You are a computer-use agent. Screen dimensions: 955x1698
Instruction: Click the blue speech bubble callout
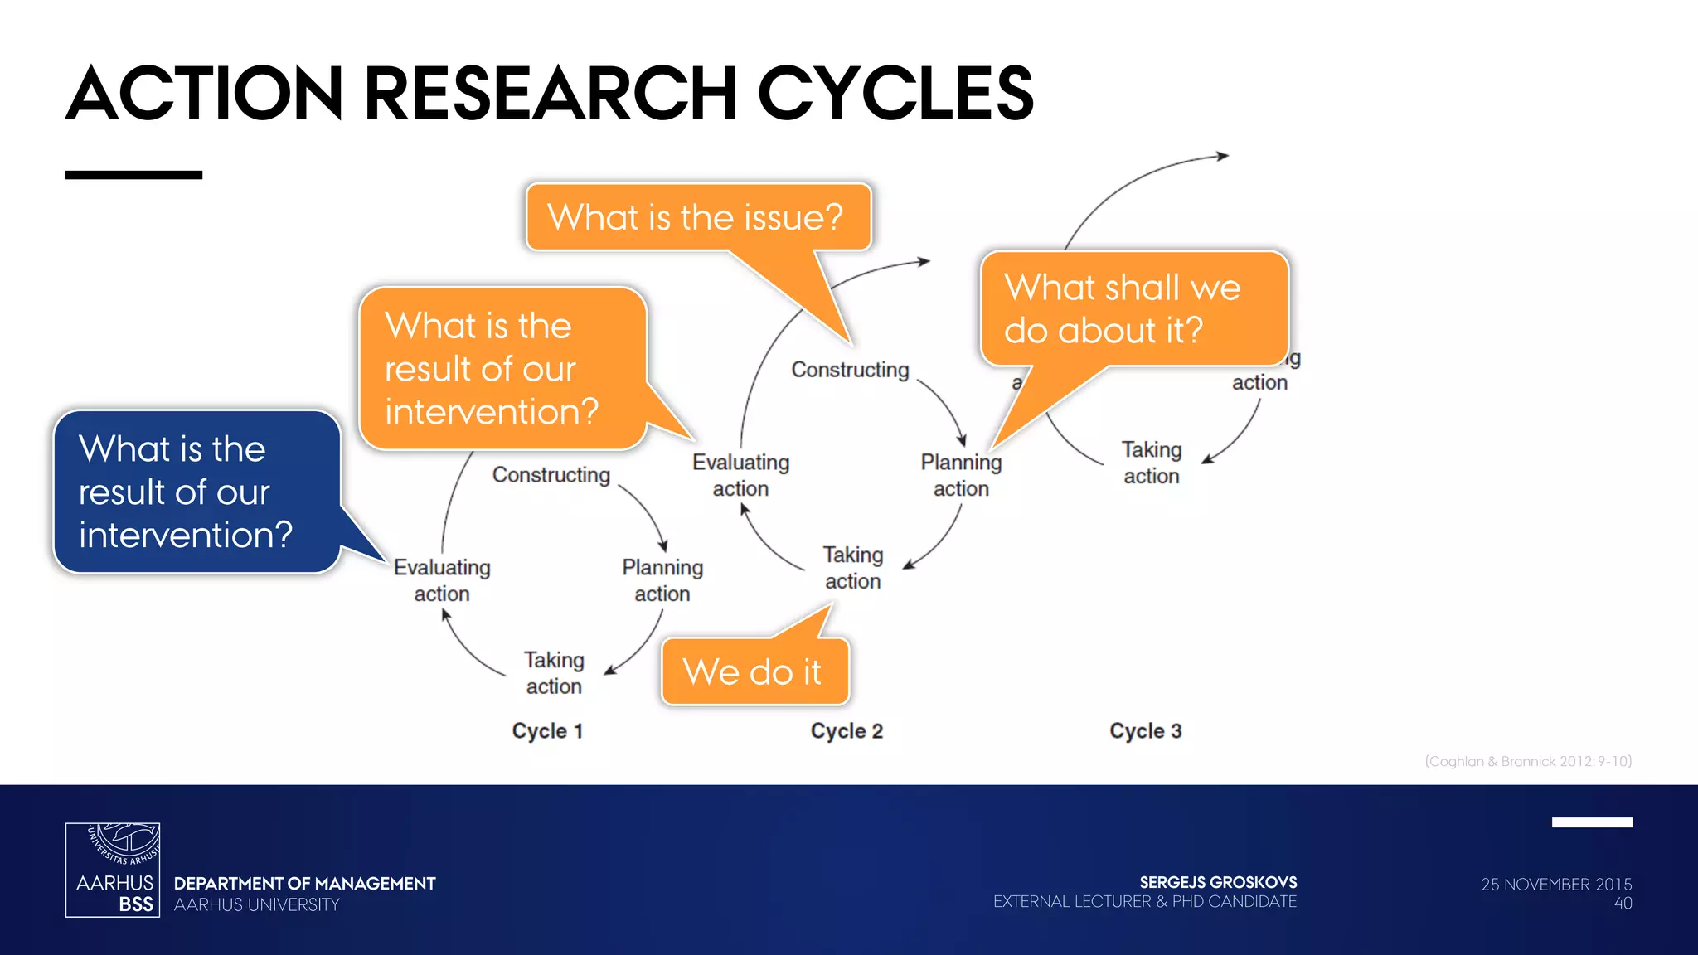tap(197, 492)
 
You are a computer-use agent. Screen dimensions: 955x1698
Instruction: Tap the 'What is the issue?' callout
tap(698, 217)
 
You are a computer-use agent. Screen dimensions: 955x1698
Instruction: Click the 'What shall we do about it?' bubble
tap(1133, 308)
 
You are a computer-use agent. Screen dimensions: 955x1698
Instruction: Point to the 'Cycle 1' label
tap(547, 731)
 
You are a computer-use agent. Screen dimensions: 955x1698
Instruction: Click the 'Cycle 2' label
tap(847, 731)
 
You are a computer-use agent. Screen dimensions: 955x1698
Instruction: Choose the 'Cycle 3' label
tap(1146, 731)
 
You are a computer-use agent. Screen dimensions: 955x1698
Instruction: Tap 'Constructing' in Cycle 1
tap(551, 475)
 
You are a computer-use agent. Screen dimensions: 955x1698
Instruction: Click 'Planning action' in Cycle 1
tap(662, 580)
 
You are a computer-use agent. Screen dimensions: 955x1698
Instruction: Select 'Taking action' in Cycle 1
tap(554, 673)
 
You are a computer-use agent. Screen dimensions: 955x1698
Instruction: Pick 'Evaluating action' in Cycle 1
tap(442, 580)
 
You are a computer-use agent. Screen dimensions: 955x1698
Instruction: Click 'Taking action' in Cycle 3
tap(1152, 463)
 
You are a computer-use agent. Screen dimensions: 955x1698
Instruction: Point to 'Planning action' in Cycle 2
tap(961, 475)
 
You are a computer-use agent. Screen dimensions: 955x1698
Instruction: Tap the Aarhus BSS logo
tap(113, 870)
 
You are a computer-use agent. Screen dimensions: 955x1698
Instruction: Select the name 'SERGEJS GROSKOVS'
tap(1218, 882)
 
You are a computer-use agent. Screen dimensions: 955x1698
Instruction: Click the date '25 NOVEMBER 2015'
tap(1556, 885)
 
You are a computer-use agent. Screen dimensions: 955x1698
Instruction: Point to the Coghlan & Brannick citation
tap(1528, 761)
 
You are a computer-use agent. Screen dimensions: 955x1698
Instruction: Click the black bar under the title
tap(133, 175)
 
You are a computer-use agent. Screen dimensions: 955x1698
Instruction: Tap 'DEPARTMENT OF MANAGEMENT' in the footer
tap(304, 884)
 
